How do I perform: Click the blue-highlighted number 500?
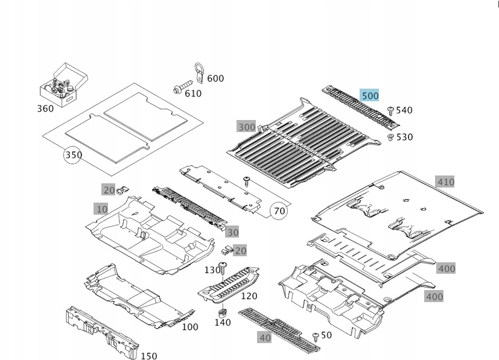(x=369, y=95)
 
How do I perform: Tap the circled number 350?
(x=73, y=155)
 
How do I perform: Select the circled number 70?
(x=279, y=211)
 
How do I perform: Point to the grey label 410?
(x=445, y=182)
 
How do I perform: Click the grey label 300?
(x=247, y=127)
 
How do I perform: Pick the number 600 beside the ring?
(x=215, y=78)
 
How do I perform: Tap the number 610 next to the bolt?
(x=193, y=93)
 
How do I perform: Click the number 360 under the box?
(x=45, y=109)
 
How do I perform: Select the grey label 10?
(x=101, y=209)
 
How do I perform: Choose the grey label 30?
(x=233, y=232)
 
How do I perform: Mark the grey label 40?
(x=265, y=338)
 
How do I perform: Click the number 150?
(x=148, y=356)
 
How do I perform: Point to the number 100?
(x=190, y=327)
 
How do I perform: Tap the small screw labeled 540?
(x=390, y=110)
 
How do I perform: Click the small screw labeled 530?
(x=390, y=137)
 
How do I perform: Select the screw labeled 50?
(x=316, y=335)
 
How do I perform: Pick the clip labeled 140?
(x=222, y=312)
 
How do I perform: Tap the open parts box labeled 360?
(x=62, y=84)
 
